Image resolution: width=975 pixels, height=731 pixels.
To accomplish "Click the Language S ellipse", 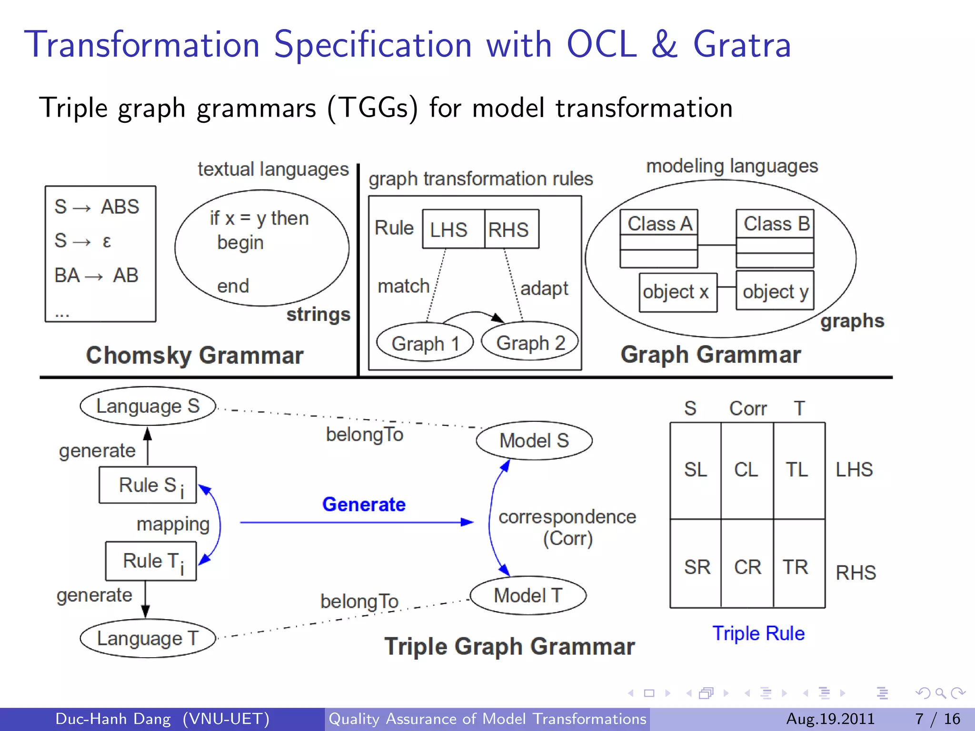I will click(148, 406).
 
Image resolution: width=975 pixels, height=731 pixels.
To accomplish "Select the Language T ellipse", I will click(148, 638).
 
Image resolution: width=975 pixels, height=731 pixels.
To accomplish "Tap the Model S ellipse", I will click(534, 441).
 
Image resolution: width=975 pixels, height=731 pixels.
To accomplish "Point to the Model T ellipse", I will click(528, 595).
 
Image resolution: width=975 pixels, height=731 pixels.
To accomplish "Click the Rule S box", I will click(148, 485).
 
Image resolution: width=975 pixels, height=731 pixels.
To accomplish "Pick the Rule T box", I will click(151, 561).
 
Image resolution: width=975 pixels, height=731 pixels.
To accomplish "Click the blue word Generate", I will click(364, 504).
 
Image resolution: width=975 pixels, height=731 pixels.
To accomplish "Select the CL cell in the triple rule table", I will click(746, 470).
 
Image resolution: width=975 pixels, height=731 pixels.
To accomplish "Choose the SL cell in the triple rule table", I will click(696, 470).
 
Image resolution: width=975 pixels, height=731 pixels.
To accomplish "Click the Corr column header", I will click(748, 408).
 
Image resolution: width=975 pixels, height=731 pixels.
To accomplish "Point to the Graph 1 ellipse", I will click(425, 343).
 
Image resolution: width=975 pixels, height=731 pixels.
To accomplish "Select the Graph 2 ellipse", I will click(530, 343).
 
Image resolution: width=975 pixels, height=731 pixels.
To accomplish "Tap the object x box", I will click(677, 292).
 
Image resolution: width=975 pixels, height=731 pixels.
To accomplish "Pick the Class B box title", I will click(775, 224).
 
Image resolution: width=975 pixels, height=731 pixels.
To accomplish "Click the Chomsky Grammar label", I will click(195, 356).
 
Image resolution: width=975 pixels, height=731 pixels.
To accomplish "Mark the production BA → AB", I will click(97, 276).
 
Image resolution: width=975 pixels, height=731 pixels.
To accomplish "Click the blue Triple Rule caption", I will click(758, 633).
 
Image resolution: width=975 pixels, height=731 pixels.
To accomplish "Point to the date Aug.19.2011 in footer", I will click(830, 719).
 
